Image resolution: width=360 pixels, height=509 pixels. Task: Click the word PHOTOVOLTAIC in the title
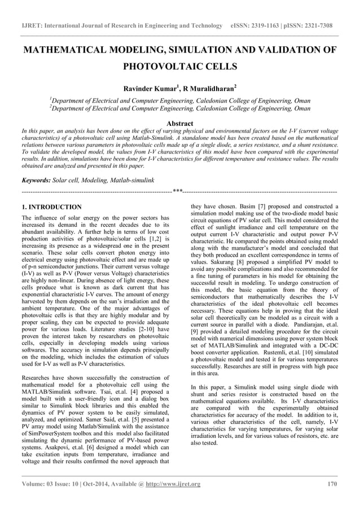[x=160, y=67]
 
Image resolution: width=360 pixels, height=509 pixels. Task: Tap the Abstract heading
[x=179, y=123]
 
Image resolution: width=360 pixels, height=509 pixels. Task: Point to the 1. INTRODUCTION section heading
[x=48, y=207]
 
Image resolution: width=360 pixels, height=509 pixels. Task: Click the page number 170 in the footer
[x=332, y=484]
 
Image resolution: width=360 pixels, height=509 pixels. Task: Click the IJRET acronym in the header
[x=31, y=26]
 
